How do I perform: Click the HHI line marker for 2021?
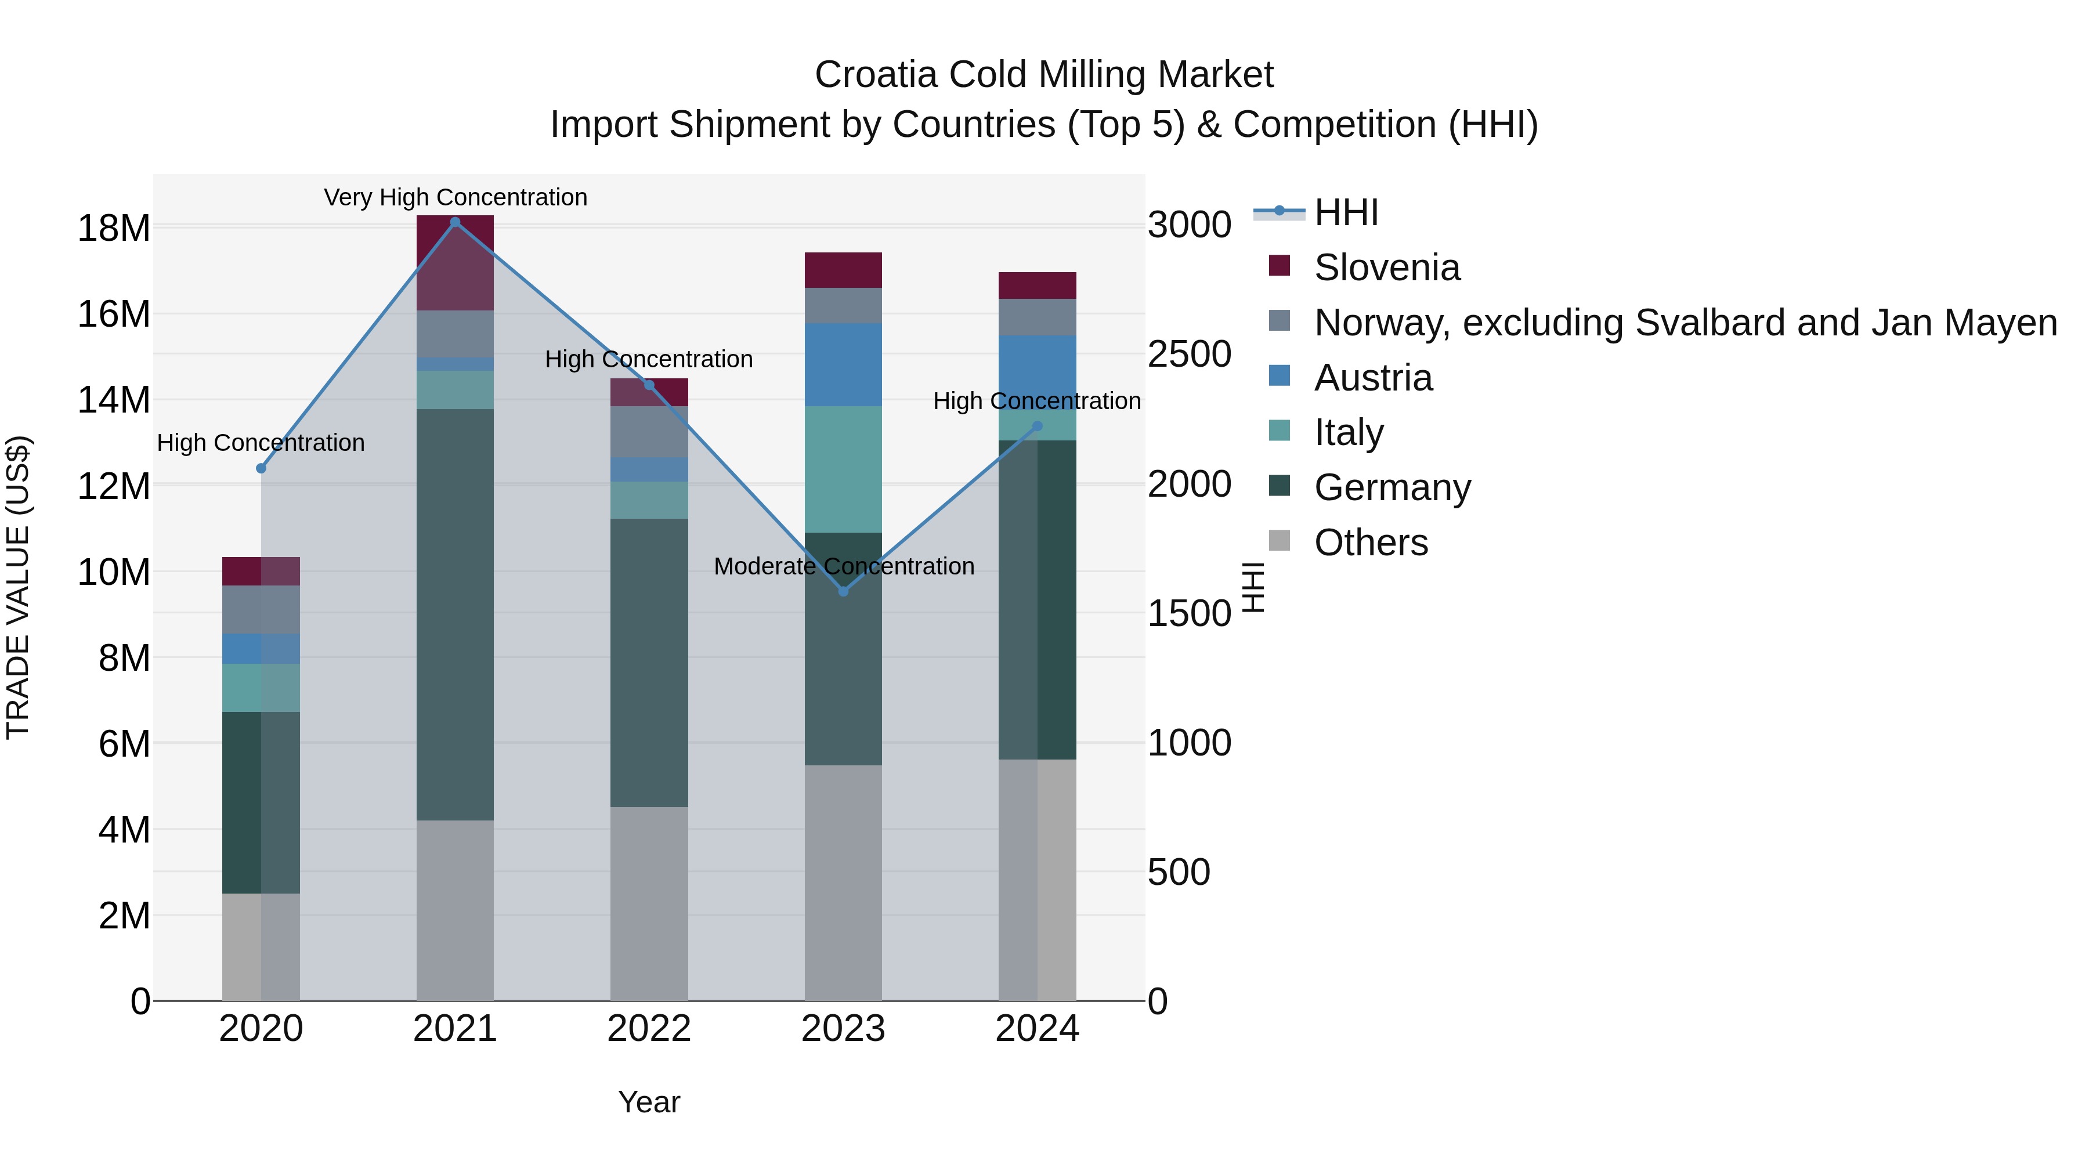coord(455,222)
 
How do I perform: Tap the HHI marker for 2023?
coord(843,592)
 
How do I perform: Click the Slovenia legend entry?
coord(1387,267)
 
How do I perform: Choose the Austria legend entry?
coord(1373,378)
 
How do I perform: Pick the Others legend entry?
coord(1371,543)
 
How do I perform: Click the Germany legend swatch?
coord(1279,487)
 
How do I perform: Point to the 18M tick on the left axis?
coord(114,229)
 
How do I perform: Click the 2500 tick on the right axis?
coord(1189,355)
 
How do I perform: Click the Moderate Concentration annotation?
coord(843,566)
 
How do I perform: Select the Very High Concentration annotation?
coord(455,197)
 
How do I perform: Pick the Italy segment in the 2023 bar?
coord(843,469)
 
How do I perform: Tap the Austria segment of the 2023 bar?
coord(843,365)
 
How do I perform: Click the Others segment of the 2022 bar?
coord(649,904)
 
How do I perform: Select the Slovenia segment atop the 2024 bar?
coord(1037,285)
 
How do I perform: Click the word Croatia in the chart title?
coord(876,75)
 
